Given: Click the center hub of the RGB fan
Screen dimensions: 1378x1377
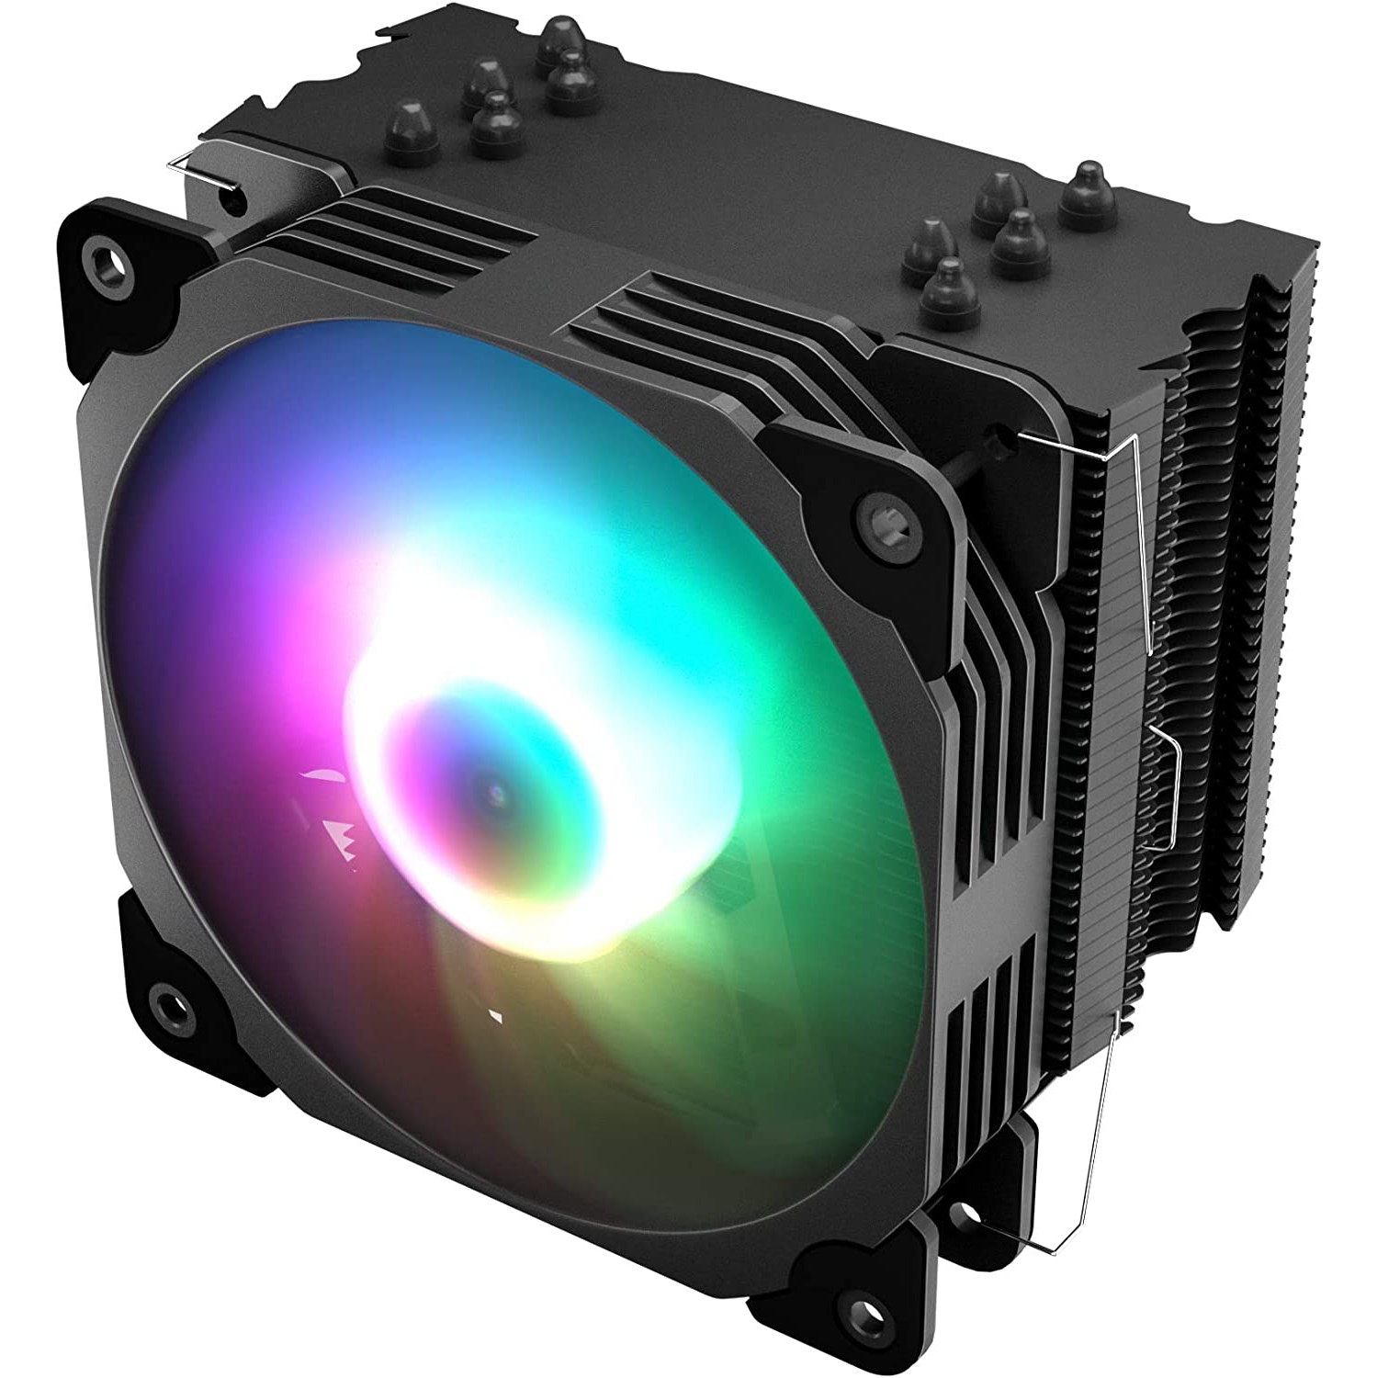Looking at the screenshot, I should (497, 791).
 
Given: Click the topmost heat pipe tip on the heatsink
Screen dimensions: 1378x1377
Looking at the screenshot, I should (559, 38).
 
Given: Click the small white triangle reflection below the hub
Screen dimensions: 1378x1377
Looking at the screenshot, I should (496, 1016).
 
